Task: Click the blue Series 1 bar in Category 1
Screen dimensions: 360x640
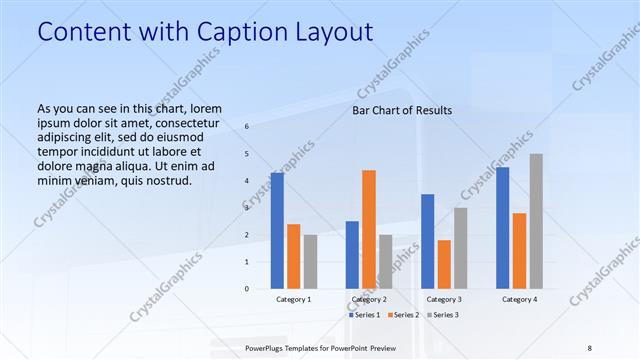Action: point(277,231)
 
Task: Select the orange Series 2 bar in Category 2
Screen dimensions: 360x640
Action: point(369,229)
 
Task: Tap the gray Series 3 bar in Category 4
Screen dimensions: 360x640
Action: point(536,221)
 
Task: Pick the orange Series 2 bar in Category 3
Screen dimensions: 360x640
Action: point(444,264)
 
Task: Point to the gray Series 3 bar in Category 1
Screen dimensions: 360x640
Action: point(311,262)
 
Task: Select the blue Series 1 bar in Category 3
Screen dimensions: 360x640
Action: point(427,241)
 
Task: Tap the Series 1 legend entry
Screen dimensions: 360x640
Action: point(363,315)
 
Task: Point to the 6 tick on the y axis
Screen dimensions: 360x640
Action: point(247,127)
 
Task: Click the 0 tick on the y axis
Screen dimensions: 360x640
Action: point(247,289)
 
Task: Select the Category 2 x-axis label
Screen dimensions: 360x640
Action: point(369,299)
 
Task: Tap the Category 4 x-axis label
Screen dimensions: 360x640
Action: point(519,299)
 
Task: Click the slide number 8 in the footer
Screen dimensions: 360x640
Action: point(590,347)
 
